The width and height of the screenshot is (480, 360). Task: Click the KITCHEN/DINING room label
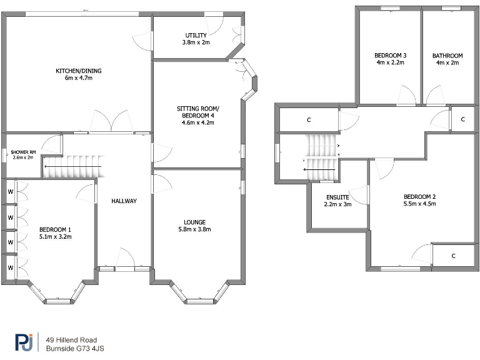(x=79, y=71)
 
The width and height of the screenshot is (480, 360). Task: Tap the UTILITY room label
(x=196, y=35)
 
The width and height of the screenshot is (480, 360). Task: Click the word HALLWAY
(x=124, y=201)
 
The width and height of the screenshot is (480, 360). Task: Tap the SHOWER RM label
(x=22, y=152)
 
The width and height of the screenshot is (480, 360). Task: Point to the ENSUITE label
(x=338, y=197)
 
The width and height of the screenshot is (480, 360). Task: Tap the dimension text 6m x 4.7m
(x=79, y=79)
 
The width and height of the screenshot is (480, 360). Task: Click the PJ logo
(x=24, y=342)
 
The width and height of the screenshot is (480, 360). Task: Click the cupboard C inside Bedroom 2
(x=452, y=256)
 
